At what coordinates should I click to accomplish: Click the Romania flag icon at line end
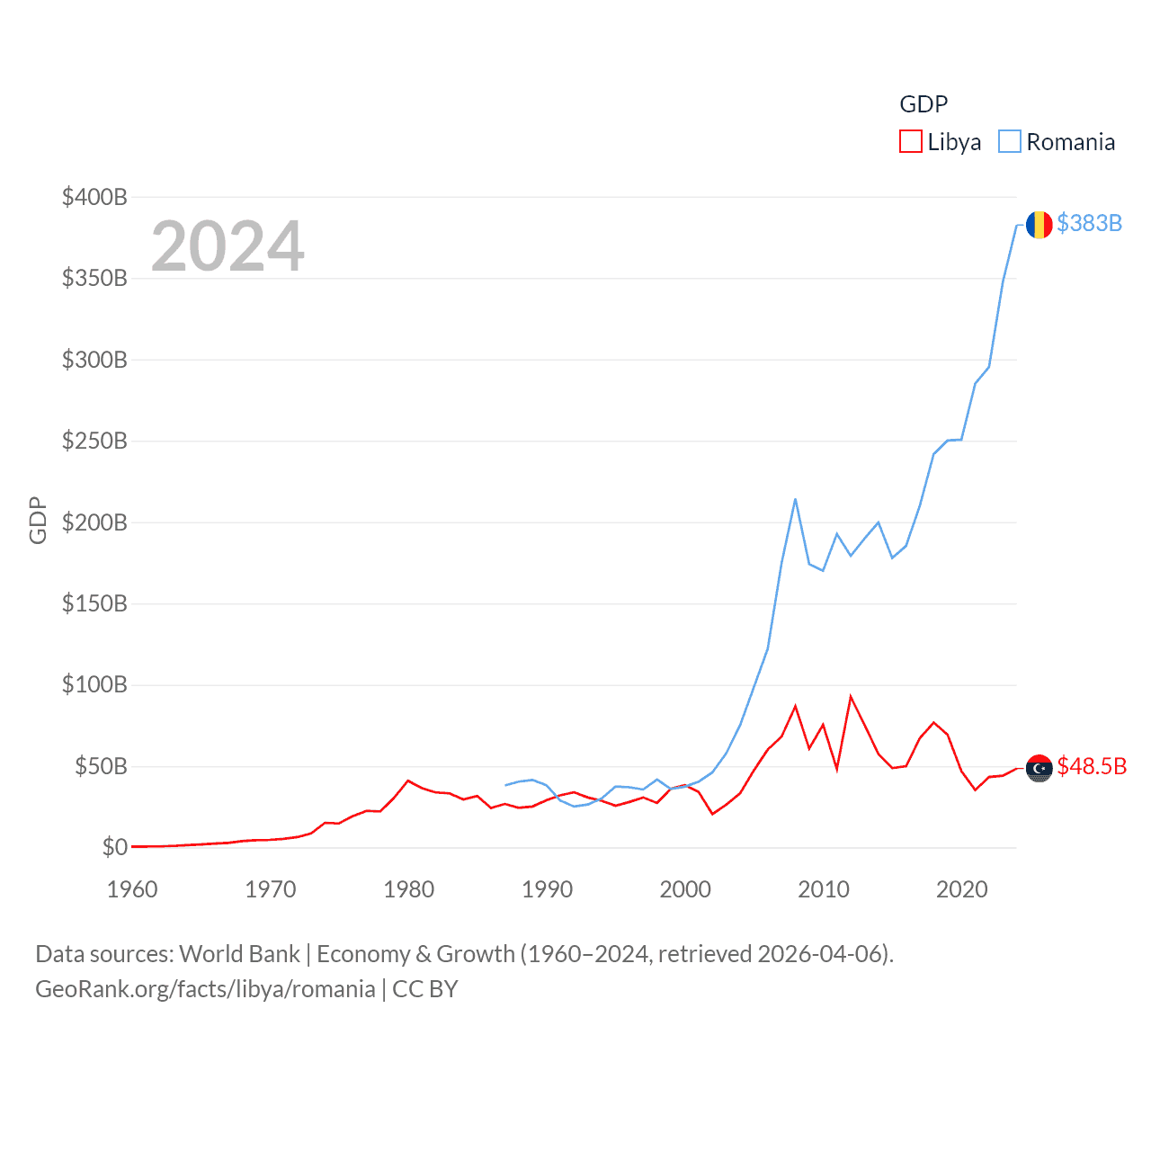click(1039, 224)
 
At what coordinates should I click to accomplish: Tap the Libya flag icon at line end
click(1039, 768)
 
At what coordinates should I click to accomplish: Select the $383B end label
click(1089, 223)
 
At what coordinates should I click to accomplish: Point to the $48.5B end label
click(1092, 766)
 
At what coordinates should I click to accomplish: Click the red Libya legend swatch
click(910, 142)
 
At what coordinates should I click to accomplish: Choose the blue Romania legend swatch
click(1010, 142)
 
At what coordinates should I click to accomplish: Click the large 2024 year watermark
click(228, 246)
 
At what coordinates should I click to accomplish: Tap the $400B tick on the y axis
click(94, 197)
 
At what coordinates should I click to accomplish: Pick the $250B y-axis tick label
click(94, 441)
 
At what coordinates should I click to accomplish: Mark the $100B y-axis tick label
click(94, 684)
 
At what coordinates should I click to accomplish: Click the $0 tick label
click(114, 847)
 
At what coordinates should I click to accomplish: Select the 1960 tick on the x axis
click(132, 889)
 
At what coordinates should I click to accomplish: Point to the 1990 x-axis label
click(547, 889)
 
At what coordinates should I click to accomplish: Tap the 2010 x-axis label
click(824, 889)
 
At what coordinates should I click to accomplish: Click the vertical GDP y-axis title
click(38, 520)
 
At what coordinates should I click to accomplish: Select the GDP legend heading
click(923, 104)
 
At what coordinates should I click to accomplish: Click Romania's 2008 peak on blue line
click(796, 499)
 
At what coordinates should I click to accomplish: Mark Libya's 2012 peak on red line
click(851, 696)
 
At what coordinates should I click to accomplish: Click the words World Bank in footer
click(239, 953)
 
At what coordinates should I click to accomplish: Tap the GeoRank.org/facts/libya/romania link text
click(205, 989)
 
